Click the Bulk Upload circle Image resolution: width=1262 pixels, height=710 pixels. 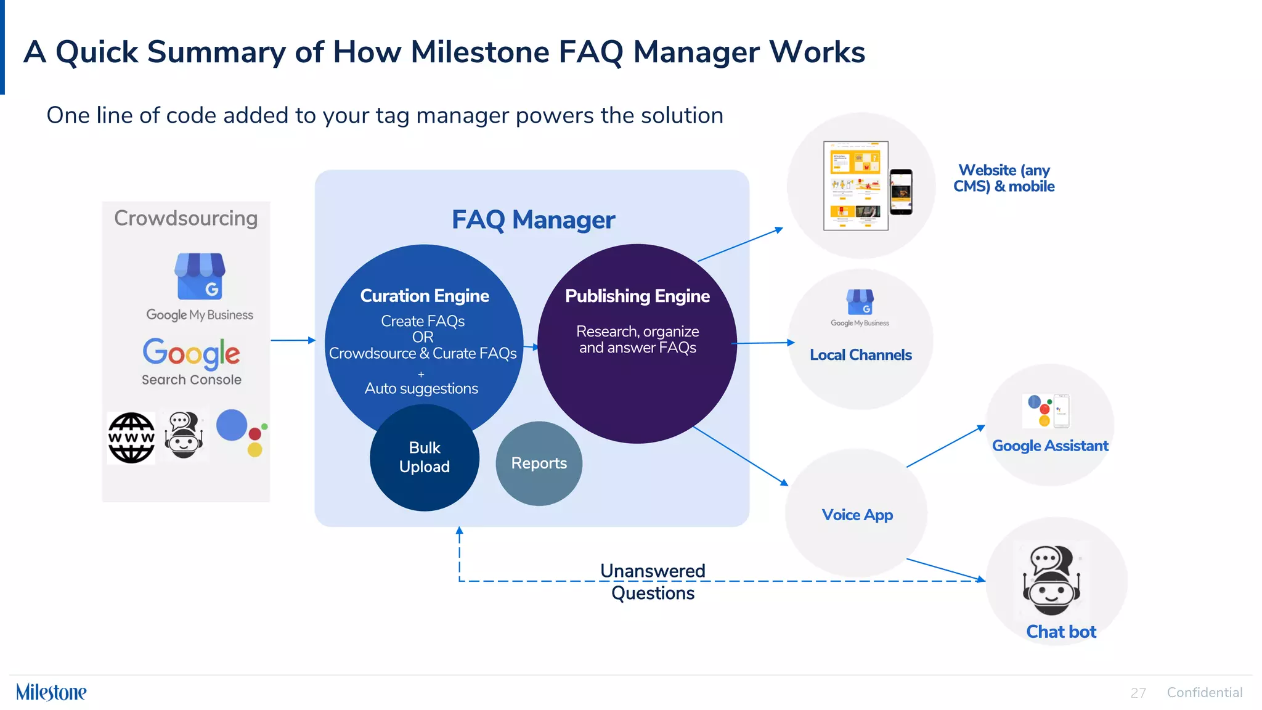coord(424,458)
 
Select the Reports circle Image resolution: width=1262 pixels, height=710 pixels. coord(539,463)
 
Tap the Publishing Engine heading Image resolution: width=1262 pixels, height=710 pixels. coord(637,296)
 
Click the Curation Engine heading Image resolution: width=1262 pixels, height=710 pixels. coord(424,296)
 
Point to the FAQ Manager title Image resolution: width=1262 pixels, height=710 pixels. coord(533,220)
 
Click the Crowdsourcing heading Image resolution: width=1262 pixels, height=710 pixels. coord(185,218)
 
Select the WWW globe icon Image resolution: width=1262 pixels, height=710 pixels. coord(131,438)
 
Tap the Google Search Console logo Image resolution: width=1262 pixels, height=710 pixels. coord(191,361)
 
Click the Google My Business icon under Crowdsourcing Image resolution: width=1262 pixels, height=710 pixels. coord(200,277)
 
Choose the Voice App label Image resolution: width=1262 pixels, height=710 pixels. coord(857,515)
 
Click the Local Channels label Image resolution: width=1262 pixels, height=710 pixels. coord(860,355)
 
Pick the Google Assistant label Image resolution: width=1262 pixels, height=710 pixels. coord(1049,446)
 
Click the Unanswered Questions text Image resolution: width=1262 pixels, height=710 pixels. coord(653,582)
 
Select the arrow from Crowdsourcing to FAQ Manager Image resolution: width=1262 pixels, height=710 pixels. coord(293,340)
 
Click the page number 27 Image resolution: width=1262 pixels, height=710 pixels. coord(1138,693)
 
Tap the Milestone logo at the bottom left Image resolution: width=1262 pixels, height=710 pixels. coord(51,692)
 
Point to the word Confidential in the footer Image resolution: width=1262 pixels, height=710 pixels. coord(1204,693)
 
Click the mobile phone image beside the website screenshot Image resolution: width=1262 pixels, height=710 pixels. coord(901,192)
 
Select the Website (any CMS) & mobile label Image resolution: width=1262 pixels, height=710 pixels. coord(1003,178)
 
